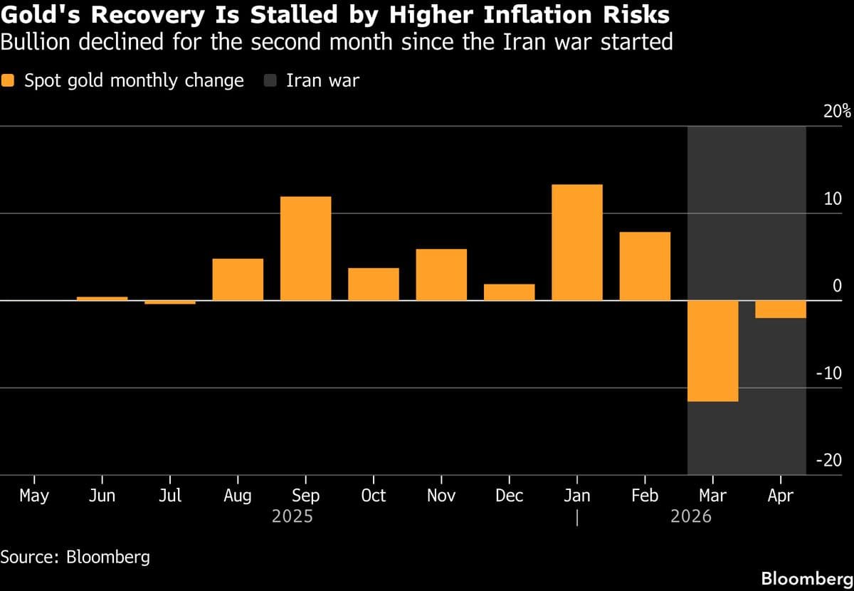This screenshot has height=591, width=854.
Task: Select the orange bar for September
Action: (305, 248)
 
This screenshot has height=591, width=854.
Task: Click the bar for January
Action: (577, 243)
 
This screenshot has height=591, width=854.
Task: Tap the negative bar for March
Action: (713, 351)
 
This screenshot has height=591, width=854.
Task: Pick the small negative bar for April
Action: (781, 309)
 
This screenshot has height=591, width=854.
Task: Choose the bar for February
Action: (645, 267)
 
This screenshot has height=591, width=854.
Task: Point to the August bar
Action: (238, 279)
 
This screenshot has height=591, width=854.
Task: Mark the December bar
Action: (510, 292)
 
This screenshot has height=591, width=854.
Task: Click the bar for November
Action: (441, 275)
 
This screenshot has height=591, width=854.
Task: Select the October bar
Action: (374, 284)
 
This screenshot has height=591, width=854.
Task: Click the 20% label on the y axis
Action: (837, 111)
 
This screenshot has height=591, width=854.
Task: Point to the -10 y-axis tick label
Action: (829, 373)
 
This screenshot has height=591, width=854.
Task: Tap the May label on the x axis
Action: (34, 496)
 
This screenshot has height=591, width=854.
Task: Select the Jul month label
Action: (170, 496)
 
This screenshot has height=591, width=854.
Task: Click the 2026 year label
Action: (691, 517)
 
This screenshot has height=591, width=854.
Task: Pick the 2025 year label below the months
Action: (292, 517)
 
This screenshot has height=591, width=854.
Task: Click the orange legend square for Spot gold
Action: (8, 81)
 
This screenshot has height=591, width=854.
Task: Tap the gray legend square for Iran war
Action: (270, 81)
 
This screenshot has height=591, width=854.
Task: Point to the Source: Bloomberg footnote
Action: (75, 557)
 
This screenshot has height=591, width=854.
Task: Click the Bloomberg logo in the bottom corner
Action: (808, 579)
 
